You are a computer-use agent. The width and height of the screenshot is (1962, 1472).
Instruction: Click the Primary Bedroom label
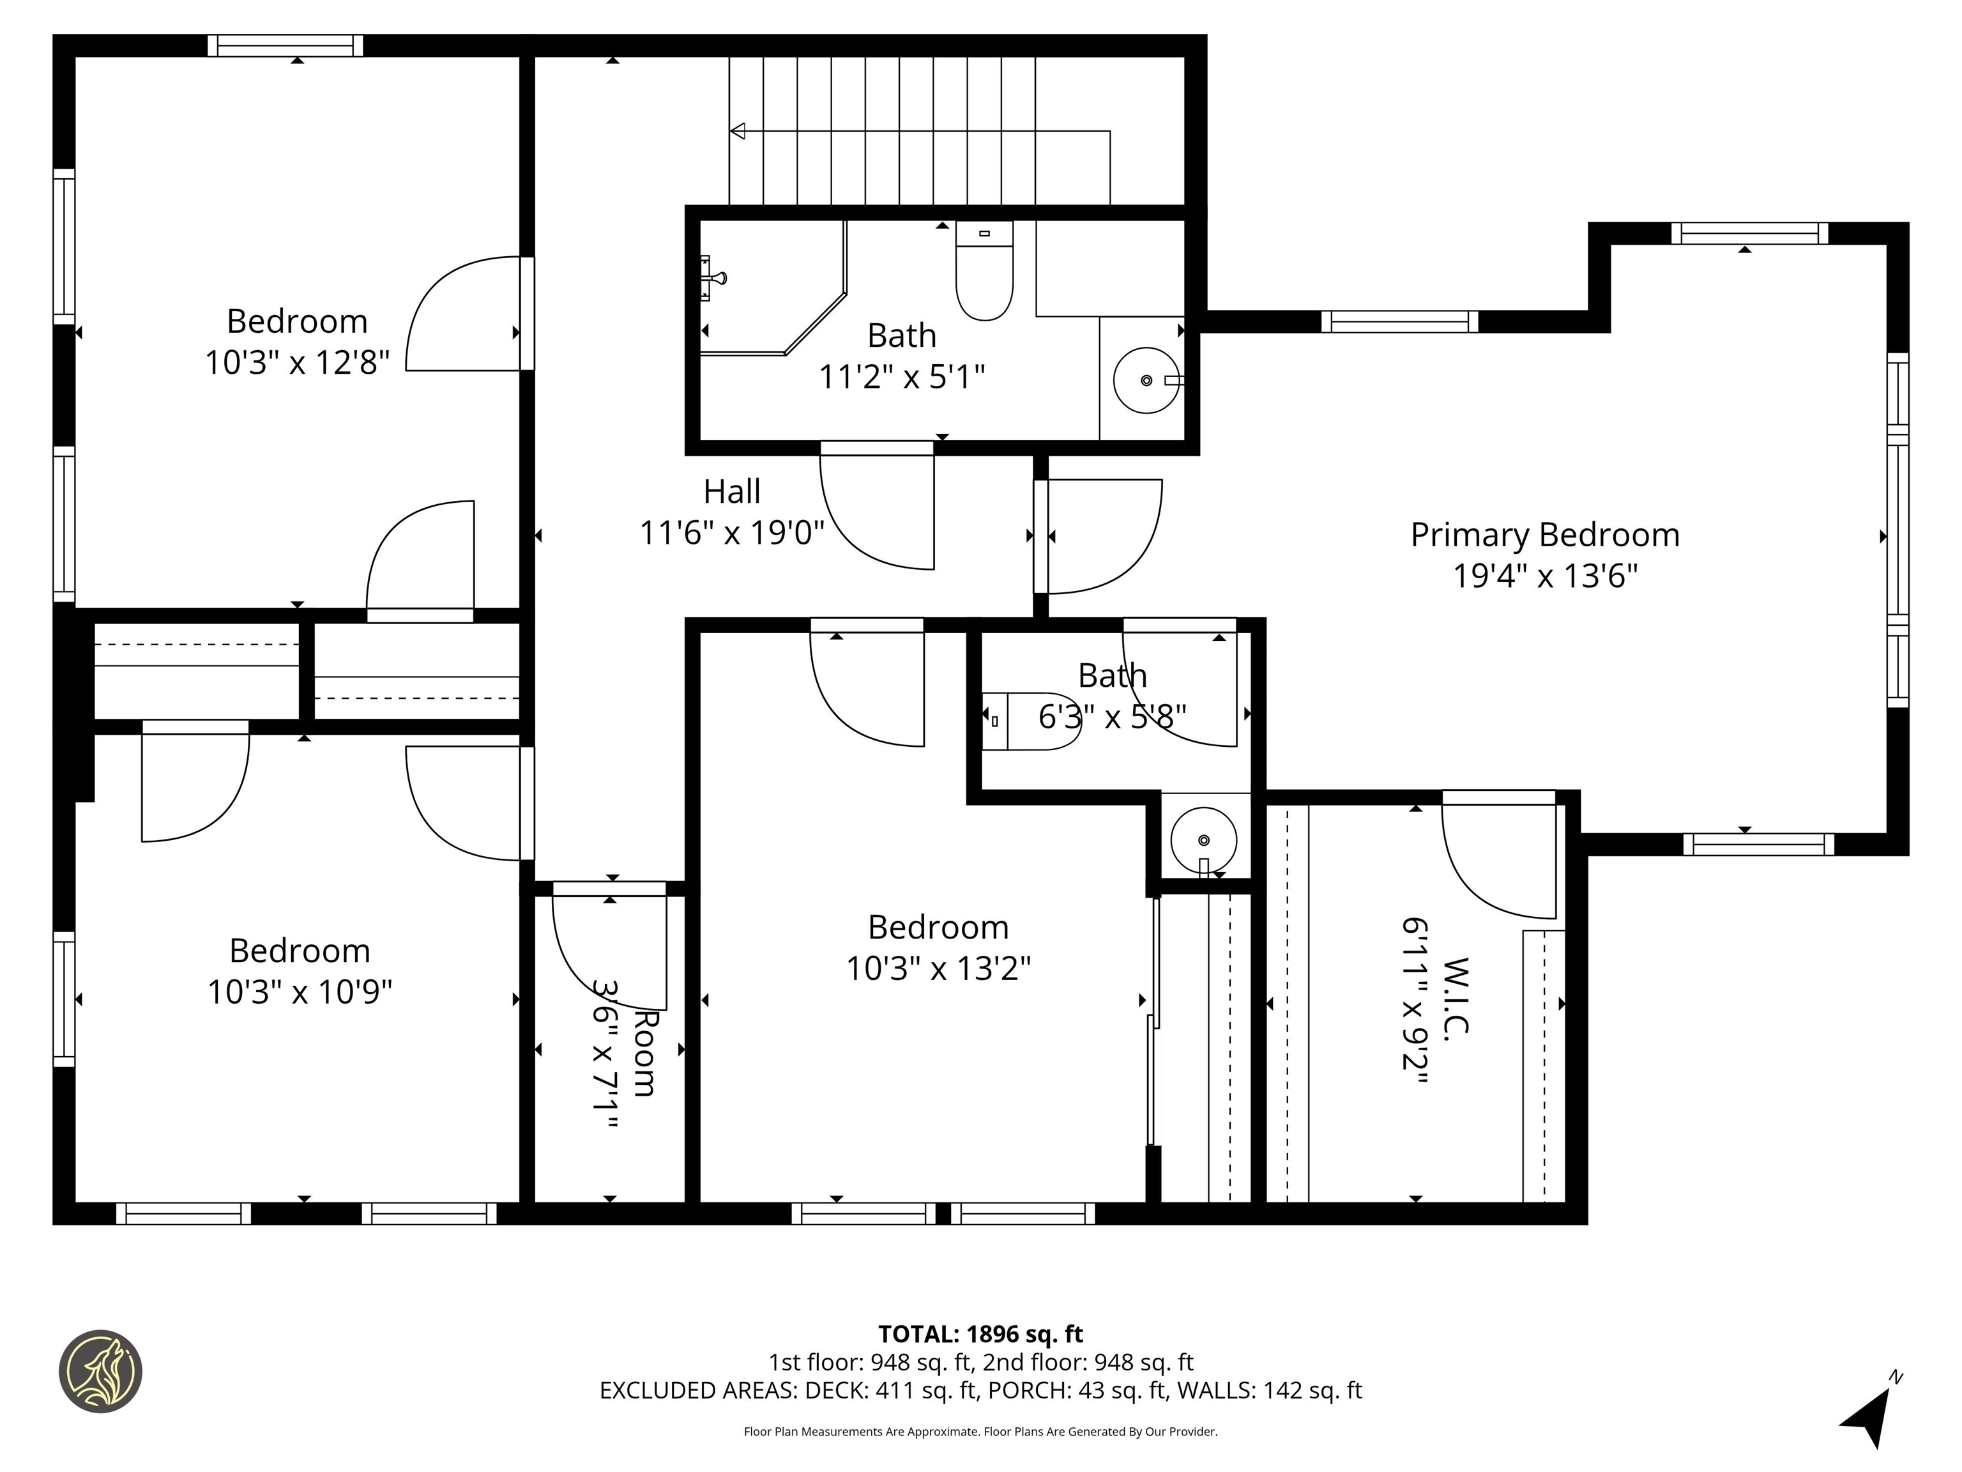(1544, 535)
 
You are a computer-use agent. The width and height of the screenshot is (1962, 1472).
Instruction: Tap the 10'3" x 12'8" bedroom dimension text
(297, 363)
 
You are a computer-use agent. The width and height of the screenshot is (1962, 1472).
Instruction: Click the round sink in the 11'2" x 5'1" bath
(1145, 381)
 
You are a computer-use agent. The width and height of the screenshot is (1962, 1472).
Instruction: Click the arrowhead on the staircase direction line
(737, 132)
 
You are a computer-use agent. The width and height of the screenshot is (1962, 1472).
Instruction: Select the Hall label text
(732, 491)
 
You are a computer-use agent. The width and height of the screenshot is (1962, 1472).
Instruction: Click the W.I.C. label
(1456, 995)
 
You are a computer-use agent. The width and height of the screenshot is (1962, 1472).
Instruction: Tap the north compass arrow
(1873, 1418)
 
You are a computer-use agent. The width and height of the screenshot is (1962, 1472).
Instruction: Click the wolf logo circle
(100, 1371)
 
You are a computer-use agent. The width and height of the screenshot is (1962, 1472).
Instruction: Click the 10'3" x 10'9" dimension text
(300, 991)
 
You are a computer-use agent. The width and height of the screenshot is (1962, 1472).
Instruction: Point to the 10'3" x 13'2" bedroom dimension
(938, 968)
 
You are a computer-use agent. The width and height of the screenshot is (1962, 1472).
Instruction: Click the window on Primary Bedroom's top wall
(1749, 233)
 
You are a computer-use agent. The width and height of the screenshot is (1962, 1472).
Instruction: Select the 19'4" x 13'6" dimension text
(1544, 577)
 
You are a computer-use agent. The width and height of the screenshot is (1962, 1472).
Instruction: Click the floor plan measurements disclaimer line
(980, 1431)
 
